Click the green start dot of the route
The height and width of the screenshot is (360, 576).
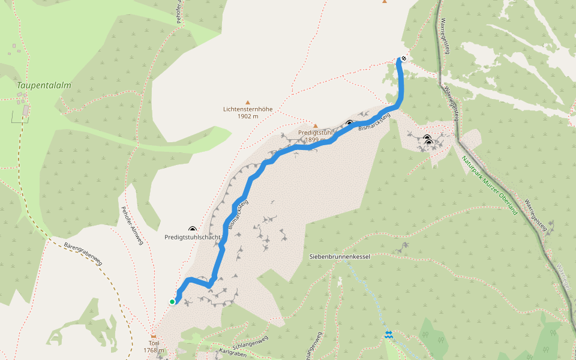click(x=172, y=302)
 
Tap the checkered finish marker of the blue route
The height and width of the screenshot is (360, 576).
click(x=404, y=58)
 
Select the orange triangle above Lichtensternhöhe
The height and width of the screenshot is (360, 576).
click(x=247, y=103)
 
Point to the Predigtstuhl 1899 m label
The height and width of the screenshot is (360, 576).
click(x=315, y=136)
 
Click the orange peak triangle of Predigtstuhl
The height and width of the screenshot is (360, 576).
click(x=315, y=126)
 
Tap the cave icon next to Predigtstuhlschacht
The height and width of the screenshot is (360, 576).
click(x=193, y=229)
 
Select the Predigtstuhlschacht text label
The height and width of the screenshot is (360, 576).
click(x=193, y=238)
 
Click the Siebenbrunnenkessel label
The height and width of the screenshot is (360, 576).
click(x=340, y=256)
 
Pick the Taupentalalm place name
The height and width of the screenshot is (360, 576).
click(x=44, y=85)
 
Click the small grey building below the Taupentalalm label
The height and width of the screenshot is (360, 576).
click(x=26, y=110)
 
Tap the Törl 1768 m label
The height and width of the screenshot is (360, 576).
click(x=154, y=346)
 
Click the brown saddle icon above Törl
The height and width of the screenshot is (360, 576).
click(x=154, y=337)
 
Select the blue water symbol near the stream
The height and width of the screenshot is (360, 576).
click(x=389, y=335)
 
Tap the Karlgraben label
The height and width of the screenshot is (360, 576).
click(x=233, y=352)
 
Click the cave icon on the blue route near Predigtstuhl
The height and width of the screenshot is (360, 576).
click(x=349, y=124)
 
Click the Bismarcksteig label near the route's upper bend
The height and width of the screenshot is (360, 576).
click(x=373, y=124)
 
